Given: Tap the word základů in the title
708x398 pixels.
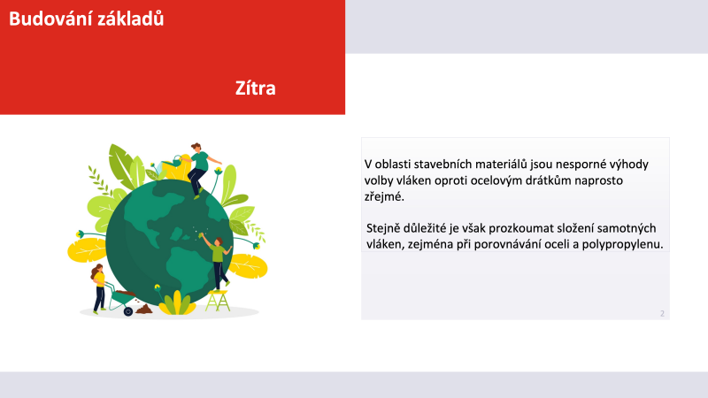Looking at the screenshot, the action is coord(128,19).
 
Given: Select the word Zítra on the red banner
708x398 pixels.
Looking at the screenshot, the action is coord(256,88).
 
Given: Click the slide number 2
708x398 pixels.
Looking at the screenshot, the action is coord(662,314).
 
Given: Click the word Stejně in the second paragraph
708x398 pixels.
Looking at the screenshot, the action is coord(383,228).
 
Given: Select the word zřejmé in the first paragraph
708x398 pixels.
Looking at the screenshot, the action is coord(384,196).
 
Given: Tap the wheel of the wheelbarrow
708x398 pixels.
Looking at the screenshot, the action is coord(128,311).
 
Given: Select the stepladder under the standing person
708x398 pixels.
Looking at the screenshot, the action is coord(218,301).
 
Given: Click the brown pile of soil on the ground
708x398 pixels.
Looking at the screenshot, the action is coord(144,309).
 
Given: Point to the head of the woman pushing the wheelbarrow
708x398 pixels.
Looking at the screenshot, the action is coord(97,270).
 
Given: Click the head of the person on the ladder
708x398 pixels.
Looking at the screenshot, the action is coord(219,241).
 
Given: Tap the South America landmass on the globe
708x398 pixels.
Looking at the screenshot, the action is coord(184,266).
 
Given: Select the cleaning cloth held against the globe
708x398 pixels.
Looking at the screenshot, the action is coord(202,235).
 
